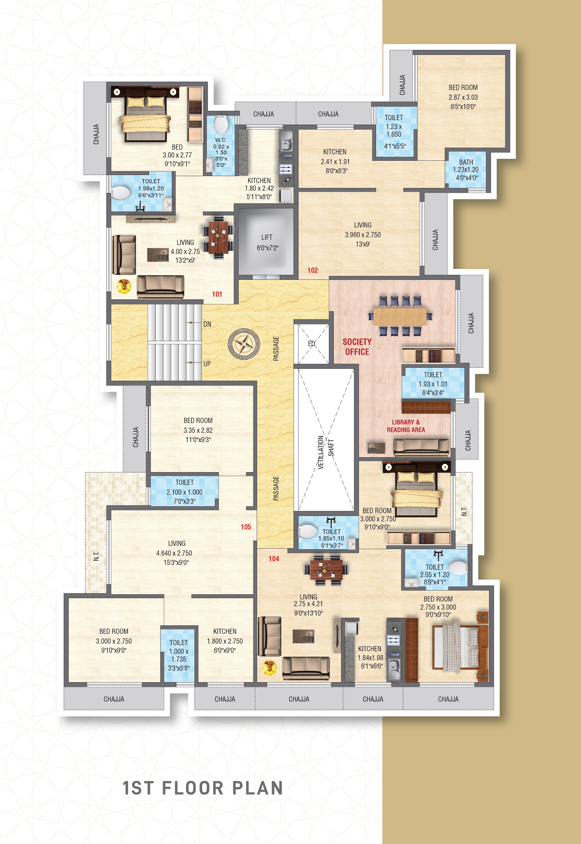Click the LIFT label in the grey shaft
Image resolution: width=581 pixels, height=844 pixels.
266,237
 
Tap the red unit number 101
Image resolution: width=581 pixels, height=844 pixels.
217,294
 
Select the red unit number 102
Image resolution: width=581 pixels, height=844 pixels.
312,270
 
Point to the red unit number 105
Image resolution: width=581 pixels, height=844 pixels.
246,527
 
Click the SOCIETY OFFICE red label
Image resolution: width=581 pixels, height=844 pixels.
357,347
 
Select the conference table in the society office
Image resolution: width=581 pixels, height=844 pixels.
400,316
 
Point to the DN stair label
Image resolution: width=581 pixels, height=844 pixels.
207,324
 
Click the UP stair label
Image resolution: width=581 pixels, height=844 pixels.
207,363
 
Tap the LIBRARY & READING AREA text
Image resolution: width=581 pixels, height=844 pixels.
406,426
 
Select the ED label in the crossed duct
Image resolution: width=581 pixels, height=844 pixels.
311,343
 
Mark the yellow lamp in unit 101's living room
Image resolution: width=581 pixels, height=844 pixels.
123,286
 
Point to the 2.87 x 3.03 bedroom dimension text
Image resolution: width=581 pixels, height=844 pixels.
463,97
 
